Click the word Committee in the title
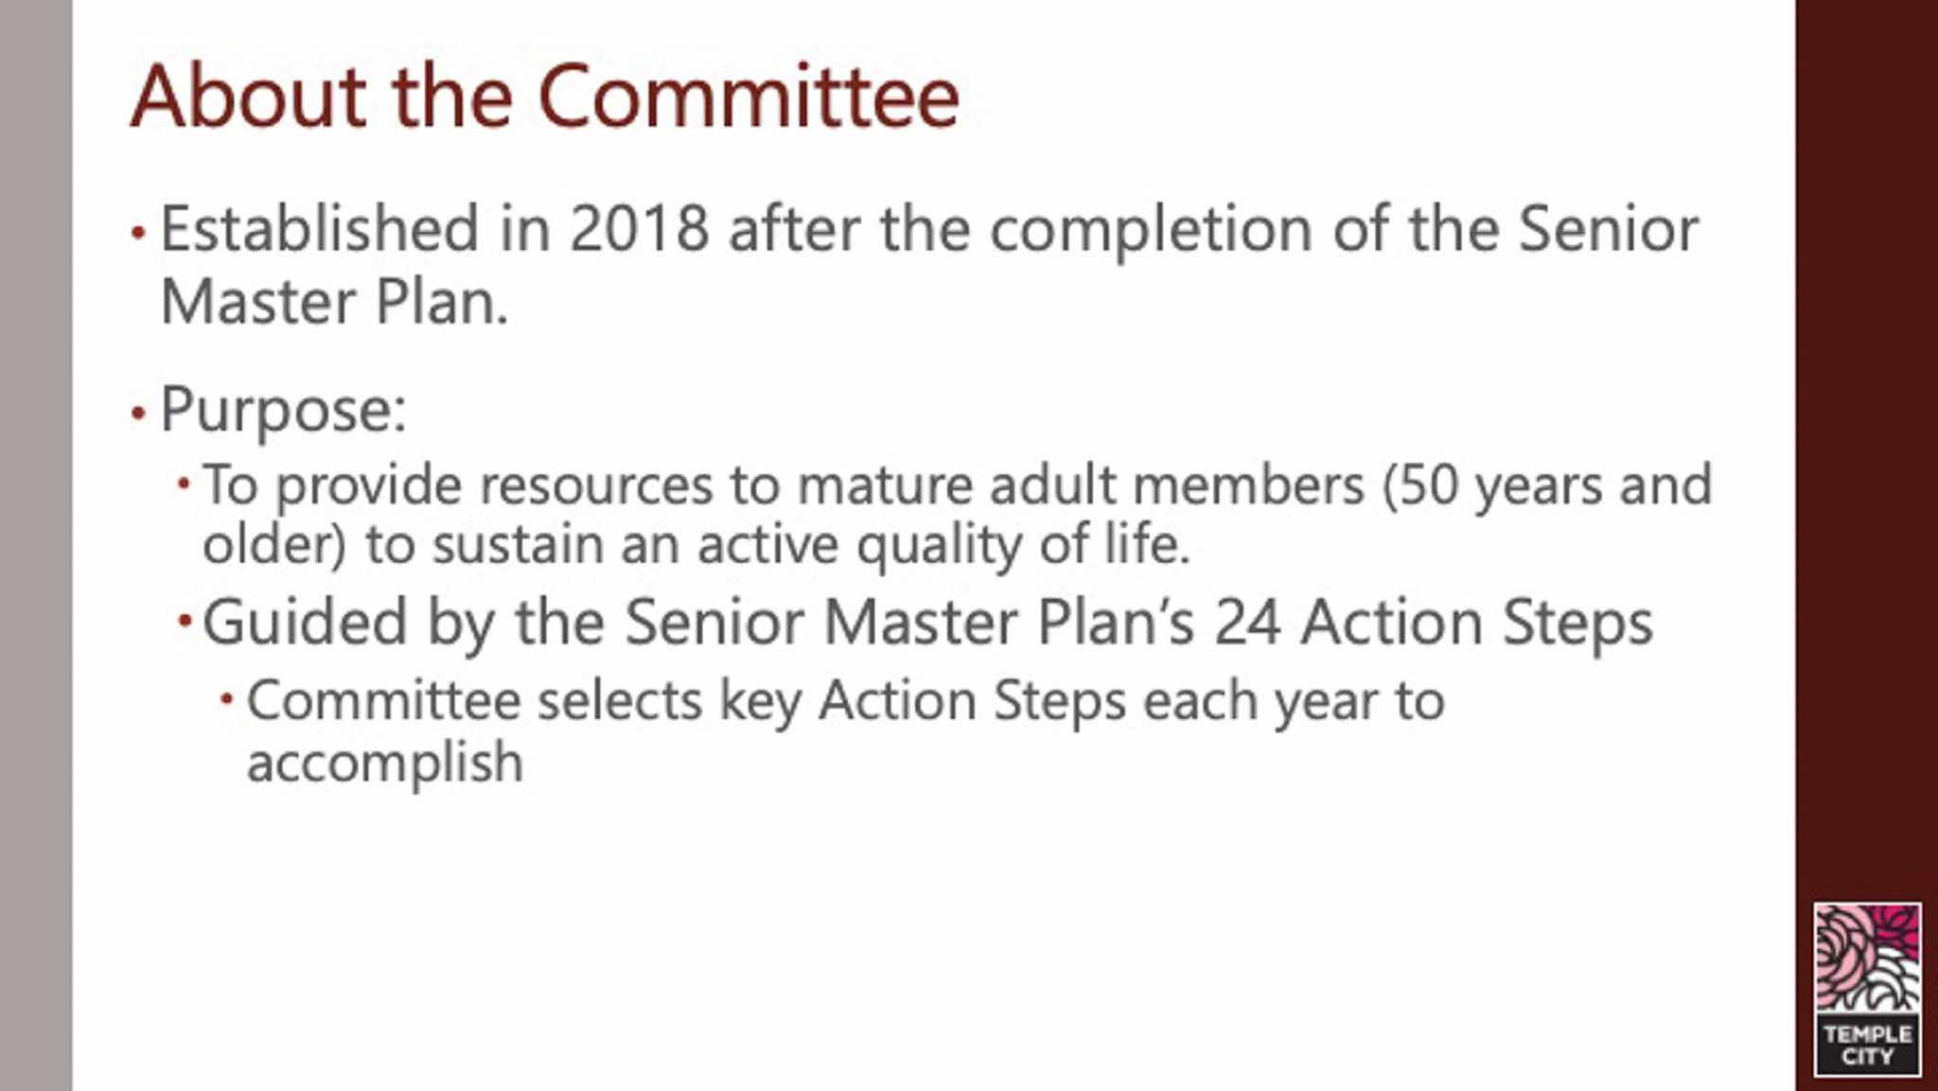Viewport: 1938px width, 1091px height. coord(749,97)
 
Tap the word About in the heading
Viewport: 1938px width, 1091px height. coord(248,97)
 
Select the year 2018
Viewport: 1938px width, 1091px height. coord(640,229)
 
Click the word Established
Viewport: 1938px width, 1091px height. coord(320,229)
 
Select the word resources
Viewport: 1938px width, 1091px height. coord(596,487)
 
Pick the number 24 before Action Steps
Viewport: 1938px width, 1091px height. coord(1247,624)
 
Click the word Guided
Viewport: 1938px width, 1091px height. coord(305,625)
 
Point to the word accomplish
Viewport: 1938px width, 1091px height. coord(384,764)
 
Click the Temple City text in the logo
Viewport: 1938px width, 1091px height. coord(1867,1045)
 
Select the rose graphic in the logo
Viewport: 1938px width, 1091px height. coord(1867,959)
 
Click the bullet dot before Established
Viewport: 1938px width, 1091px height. coord(138,232)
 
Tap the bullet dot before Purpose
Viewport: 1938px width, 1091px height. coord(138,414)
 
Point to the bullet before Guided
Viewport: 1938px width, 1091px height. coord(185,622)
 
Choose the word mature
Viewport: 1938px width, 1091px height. coord(885,487)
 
